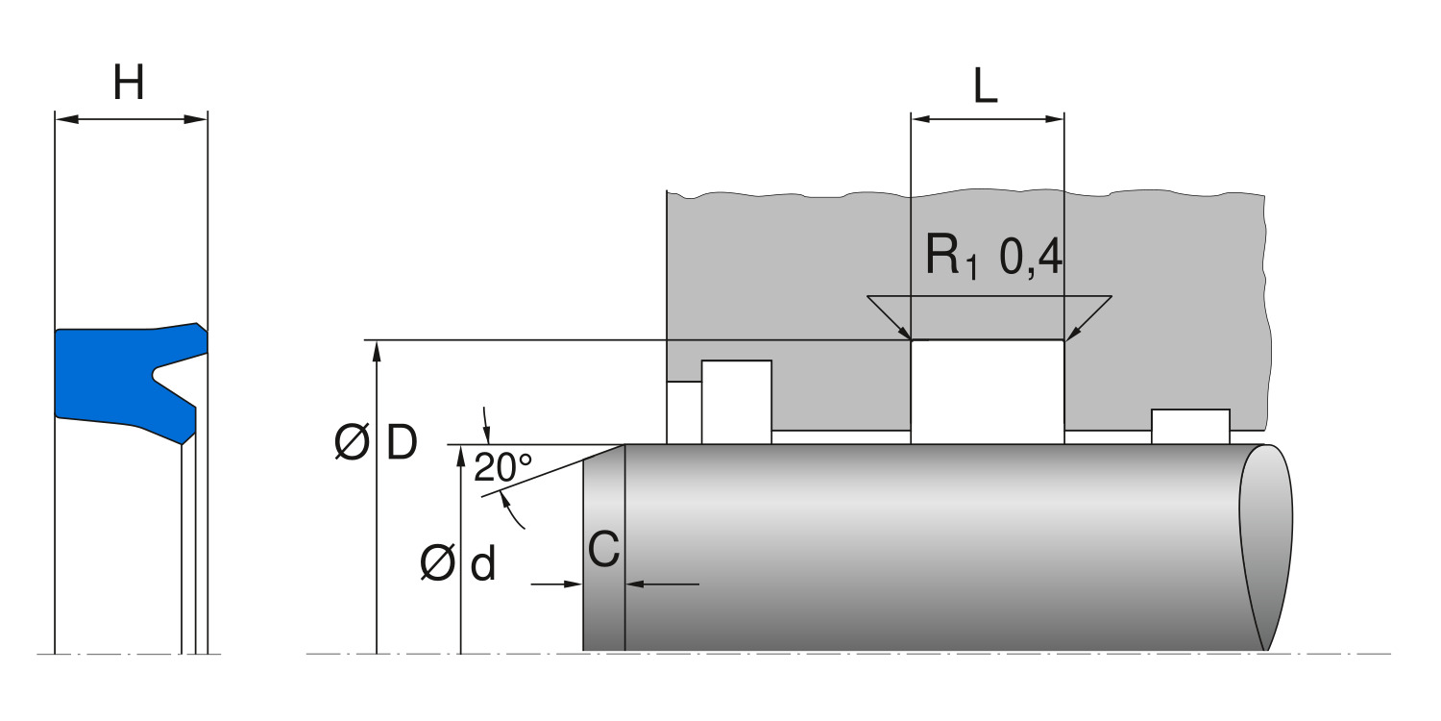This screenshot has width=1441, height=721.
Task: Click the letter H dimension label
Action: coord(129,84)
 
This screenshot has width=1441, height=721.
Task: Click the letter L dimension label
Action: coord(986,87)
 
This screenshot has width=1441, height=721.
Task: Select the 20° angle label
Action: coord(502,467)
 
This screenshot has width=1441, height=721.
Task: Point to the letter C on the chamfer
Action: coord(603,551)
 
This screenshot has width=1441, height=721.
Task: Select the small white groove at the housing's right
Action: coord(1190,426)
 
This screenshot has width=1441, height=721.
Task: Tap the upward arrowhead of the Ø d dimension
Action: coord(461,455)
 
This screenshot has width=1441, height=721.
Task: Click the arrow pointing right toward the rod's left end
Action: coord(574,583)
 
